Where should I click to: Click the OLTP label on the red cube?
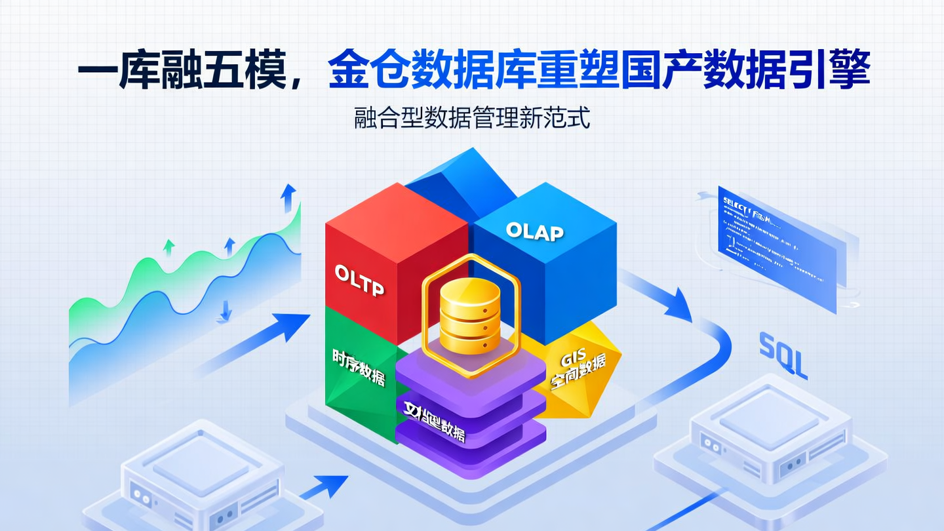click(359, 281)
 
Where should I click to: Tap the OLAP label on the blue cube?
click(534, 231)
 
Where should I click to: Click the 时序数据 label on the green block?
click(359, 368)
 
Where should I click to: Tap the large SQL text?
click(783, 355)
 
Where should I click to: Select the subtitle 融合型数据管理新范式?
click(472, 118)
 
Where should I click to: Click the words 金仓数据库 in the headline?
click(408, 69)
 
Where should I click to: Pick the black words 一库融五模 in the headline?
click(183, 69)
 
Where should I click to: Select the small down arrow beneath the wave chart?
click(225, 311)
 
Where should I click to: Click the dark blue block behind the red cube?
click(459, 184)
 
